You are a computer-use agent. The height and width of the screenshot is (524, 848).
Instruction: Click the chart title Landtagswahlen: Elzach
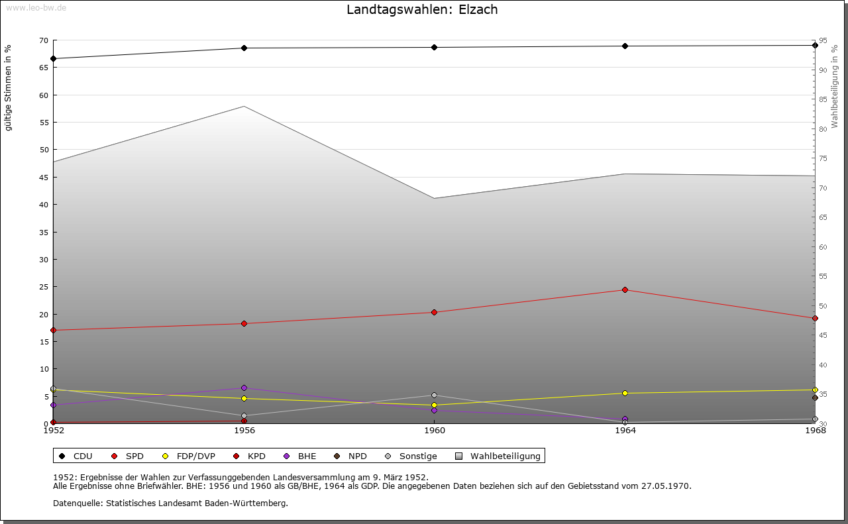tap(422, 10)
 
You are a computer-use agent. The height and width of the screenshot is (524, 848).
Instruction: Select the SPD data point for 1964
tap(625, 289)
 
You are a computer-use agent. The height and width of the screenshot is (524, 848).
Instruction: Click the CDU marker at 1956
tap(244, 48)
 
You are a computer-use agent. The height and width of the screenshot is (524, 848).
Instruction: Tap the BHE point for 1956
tap(244, 388)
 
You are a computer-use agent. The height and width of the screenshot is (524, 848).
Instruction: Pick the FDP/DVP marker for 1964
tap(625, 393)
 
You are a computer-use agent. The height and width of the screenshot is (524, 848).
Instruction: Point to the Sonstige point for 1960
tap(434, 395)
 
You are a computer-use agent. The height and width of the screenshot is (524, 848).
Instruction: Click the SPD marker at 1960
tap(434, 312)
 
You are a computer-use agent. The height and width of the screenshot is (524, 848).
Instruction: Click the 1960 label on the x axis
tap(434, 431)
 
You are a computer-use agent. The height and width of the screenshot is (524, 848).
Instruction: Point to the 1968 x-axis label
tap(815, 431)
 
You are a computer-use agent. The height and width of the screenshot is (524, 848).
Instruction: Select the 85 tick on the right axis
tap(822, 99)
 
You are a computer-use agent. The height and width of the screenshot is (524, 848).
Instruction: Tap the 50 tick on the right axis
tap(822, 306)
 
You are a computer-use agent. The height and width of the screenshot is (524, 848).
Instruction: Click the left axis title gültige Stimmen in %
tap(9, 87)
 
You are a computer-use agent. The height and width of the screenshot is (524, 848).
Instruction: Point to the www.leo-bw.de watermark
tap(36, 7)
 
